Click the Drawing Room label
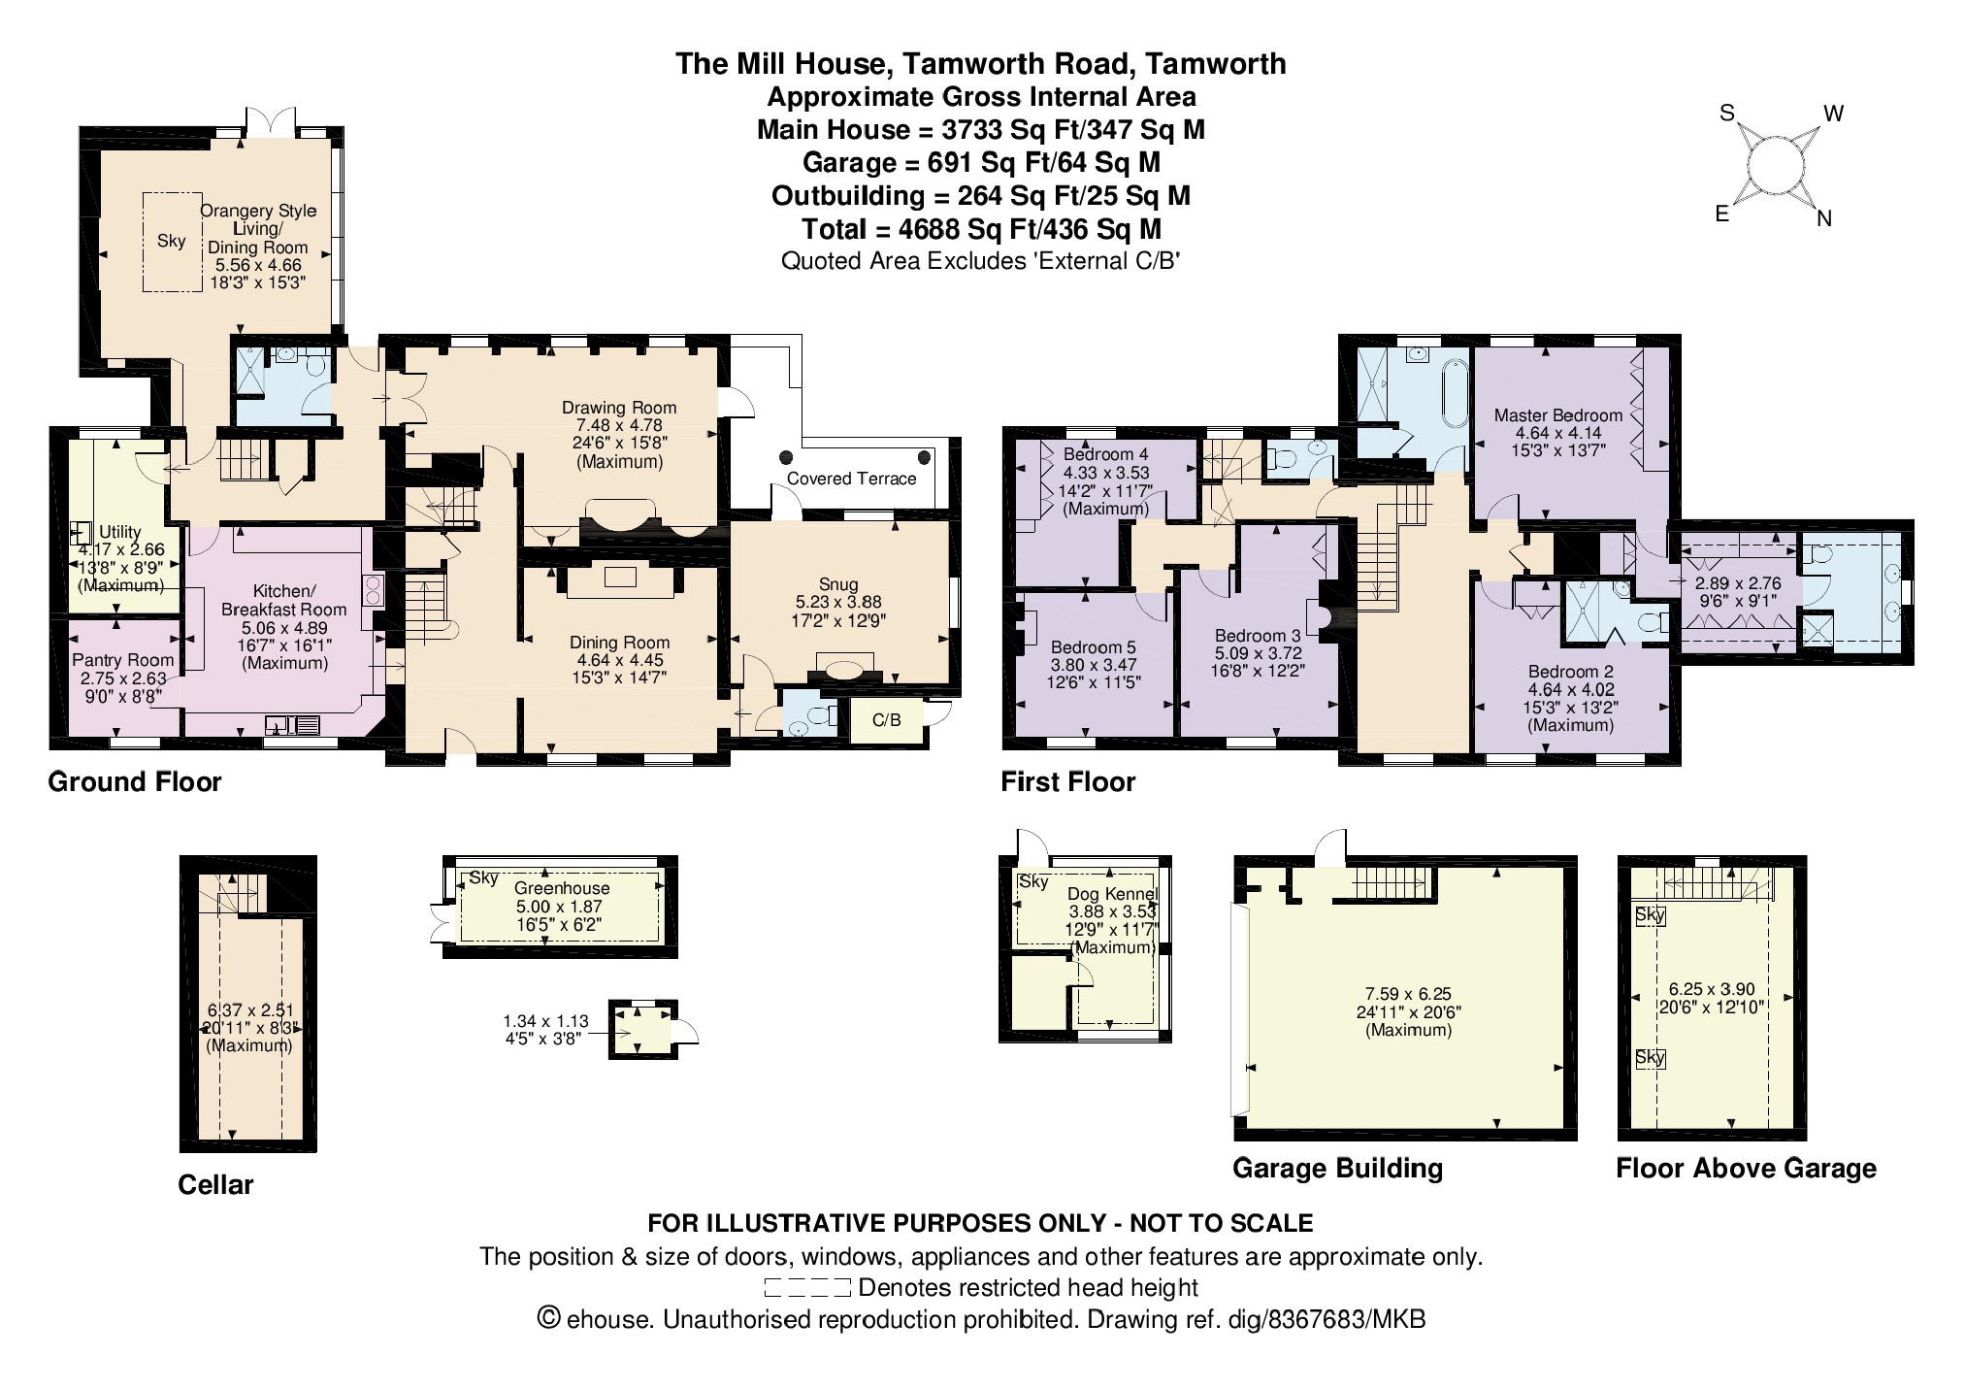(619, 408)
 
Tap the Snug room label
(838, 584)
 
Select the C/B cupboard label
(886, 720)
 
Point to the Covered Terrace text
(851, 479)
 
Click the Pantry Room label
(123, 660)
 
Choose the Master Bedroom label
(1557, 415)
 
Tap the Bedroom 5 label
(1093, 647)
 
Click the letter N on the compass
(1824, 219)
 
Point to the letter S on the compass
(1726, 114)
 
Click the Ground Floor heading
(135, 782)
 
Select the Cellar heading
(215, 1185)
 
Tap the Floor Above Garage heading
(1746, 1169)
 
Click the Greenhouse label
(562, 888)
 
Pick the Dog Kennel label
(1113, 894)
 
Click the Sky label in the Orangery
(171, 241)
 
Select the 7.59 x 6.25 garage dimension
(1408, 994)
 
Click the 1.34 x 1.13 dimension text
(545, 1021)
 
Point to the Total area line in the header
(981, 229)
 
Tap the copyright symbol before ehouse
(549, 1319)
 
